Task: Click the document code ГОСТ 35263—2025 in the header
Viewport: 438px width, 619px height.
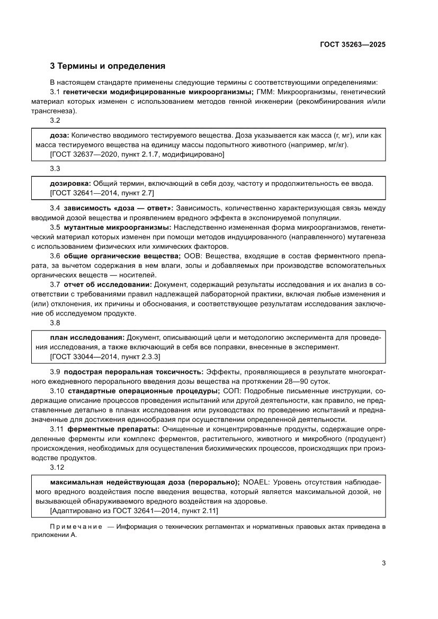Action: [352, 45]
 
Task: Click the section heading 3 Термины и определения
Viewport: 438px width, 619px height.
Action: [108, 67]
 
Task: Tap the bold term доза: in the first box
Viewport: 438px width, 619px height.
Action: [59, 136]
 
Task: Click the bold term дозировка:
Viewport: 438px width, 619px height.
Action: [67, 184]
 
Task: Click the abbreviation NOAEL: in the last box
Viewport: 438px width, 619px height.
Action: [255, 482]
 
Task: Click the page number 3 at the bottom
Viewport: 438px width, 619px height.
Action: [383, 563]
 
